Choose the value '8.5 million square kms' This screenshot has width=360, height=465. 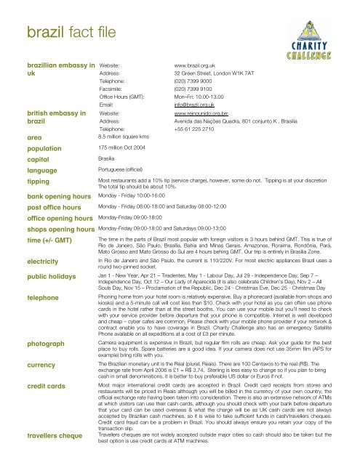123,136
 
